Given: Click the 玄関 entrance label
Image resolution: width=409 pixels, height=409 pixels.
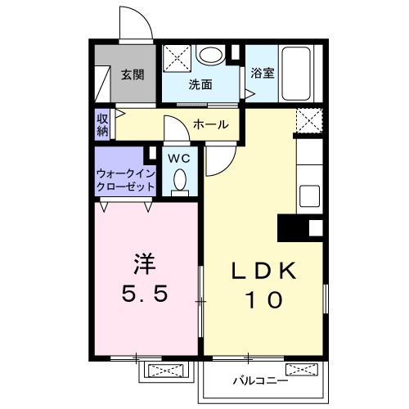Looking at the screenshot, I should pyautogui.click(x=133, y=75).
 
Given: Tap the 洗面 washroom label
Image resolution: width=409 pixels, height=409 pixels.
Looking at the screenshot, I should pyautogui.click(x=200, y=84).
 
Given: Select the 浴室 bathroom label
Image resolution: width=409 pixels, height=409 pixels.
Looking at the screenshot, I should pyautogui.click(x=263, y=72).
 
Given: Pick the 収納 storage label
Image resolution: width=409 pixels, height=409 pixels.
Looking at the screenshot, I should pyautogui.click(x=101, y=124).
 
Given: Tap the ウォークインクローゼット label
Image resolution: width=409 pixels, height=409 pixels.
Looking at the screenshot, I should pyautogui.click(x=125, y=180).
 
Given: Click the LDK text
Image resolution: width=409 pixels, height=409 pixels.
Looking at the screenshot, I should pyautogui.click(x=263, y=272).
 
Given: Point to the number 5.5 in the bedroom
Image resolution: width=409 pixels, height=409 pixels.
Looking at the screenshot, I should pyautogui.click(x=146, y=294).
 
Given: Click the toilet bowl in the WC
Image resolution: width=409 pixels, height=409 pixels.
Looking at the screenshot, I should pyautogui.click(x=180, y=179).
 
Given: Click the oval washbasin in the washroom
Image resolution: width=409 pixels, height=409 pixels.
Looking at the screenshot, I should pyautogui.click(x=211, y=55).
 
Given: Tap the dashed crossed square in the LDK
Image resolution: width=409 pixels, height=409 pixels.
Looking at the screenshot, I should pyautogui.click(x=309, y=123).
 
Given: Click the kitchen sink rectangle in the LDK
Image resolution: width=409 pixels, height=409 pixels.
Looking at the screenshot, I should pyautogui.click(x=311, y=196).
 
